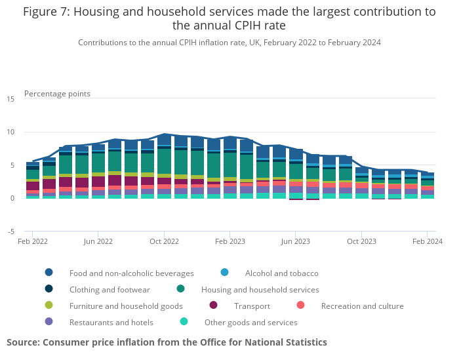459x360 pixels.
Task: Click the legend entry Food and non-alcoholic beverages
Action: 131,273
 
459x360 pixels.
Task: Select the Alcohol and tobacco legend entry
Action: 281,273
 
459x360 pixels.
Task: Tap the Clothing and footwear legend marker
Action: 49,289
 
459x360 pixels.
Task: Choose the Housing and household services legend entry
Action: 260,289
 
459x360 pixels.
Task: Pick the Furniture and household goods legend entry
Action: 126,306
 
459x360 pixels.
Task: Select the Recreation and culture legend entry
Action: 362,306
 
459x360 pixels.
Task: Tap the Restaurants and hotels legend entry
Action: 111,322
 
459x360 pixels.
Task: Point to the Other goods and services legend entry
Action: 250,322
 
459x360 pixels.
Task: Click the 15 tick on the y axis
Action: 10,99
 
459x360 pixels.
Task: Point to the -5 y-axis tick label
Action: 11,231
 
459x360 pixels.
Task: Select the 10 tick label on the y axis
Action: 10,132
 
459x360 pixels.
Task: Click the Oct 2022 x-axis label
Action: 164,241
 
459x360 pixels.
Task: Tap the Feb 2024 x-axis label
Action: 427,241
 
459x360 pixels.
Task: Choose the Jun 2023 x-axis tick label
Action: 295,241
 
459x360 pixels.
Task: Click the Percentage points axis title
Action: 57,94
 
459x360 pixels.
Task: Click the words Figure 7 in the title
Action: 48,11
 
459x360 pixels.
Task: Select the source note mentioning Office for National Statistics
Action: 167,342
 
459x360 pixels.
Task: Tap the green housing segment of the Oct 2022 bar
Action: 164,161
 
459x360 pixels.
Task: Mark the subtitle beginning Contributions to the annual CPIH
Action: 229,43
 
